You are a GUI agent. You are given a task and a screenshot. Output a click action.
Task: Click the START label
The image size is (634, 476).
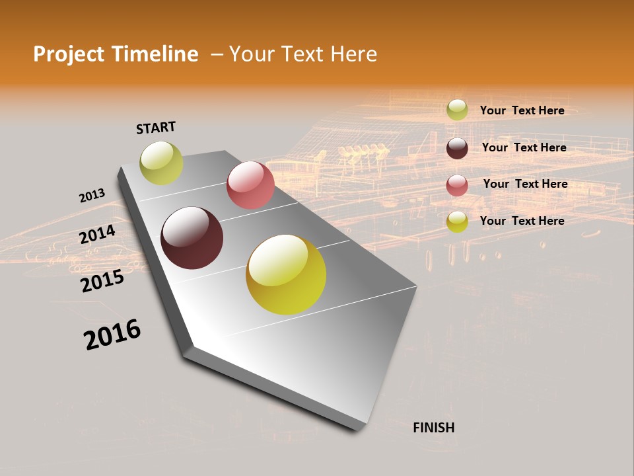156,128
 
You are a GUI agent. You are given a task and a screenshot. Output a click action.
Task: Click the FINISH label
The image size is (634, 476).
433,428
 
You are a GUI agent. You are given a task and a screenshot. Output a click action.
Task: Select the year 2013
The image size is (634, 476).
92,196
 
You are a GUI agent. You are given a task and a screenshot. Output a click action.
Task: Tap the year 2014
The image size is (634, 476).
97,235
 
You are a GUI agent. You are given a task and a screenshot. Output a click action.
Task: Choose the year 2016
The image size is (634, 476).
112,335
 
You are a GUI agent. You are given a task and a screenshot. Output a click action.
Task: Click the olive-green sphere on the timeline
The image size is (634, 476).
161,163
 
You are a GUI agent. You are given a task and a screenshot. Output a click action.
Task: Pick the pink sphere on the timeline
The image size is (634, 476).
250,185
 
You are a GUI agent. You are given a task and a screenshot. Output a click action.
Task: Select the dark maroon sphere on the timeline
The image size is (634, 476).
192,238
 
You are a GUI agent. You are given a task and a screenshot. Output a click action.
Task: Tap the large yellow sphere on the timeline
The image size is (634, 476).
286,274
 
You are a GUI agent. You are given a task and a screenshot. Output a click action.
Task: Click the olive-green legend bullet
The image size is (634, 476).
457,110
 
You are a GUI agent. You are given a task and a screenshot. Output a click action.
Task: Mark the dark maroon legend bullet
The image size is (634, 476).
457,148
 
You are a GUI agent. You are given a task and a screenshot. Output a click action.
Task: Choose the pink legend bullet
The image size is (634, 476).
457,185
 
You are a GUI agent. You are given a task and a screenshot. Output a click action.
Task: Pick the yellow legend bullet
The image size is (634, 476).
457,221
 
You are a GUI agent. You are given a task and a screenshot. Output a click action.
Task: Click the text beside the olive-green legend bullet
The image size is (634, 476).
522,110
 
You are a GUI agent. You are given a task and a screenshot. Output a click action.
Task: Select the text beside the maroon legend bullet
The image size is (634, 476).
524,147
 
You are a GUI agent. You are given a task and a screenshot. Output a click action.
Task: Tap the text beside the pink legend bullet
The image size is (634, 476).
525,184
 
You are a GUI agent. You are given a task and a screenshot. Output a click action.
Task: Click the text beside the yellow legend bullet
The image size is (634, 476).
522,221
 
